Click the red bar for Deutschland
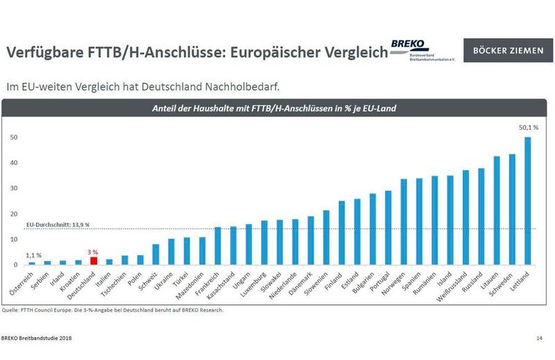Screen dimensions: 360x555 (x=94, y=261)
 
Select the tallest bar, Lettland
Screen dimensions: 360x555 (x=528, y=201)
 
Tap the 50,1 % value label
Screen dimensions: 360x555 (x=527, y=128)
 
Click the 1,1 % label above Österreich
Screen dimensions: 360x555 (x=33, y=255)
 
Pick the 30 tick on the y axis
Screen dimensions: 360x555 (x=13, y=189)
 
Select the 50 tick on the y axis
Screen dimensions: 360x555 (x=13, y=137)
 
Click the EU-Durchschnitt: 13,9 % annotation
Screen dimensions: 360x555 (x=58, y=225)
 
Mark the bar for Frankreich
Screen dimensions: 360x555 (x=218, y=246)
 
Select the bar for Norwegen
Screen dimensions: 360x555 (x=404, y=222)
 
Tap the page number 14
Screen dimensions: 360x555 (x=539, y=338)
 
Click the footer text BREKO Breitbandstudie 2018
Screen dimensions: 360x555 (x=35, y=338)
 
